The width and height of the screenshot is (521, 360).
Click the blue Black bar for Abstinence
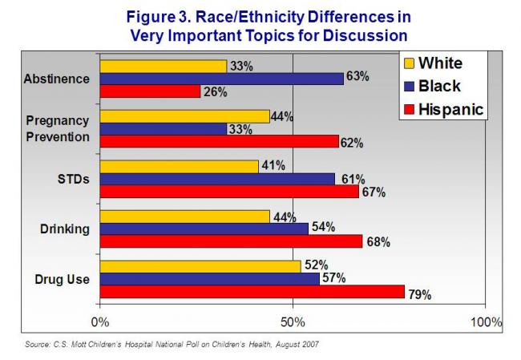(x=221, y=79)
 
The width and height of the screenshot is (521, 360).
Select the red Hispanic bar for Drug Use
(x=252, y=292)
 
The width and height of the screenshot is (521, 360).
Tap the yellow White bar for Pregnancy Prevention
(x=184, y=116)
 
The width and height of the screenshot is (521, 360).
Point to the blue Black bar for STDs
(x=217, y=179)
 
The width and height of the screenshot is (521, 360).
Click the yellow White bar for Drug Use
(x=200, y=266)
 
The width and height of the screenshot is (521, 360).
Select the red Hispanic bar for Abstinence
(x=150, y=91)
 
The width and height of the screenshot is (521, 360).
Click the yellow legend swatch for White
(x=408, y=63)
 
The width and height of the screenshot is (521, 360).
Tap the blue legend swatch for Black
(x=408, y=87)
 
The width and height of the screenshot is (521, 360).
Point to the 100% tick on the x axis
(x=484, y=323)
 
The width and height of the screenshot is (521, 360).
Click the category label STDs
(x=74, y=179)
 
